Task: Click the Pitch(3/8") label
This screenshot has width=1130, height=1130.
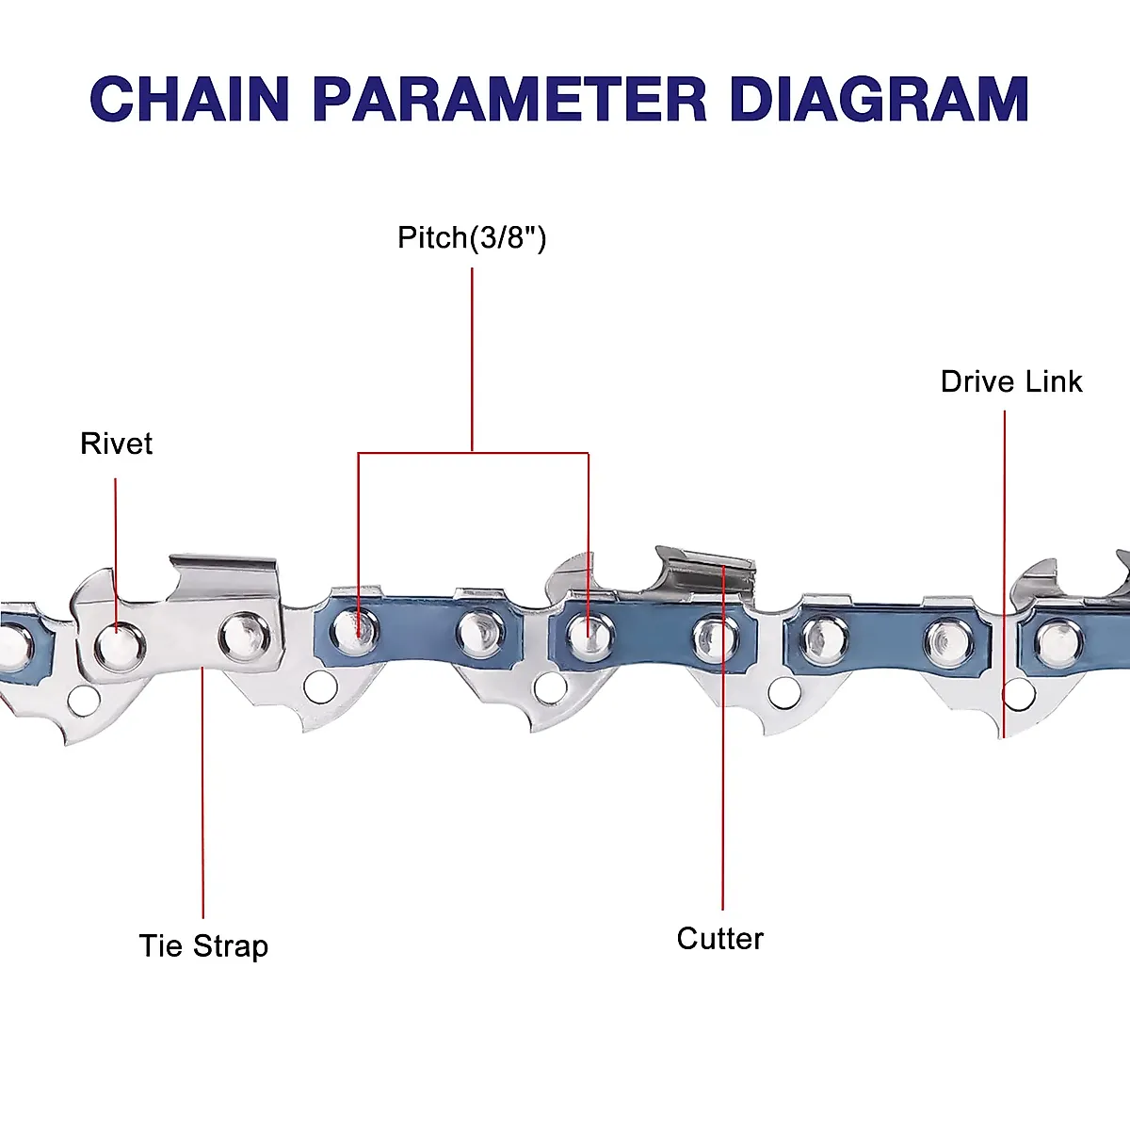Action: pos(472,237)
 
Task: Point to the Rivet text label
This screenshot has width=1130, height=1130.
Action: pos(116,444)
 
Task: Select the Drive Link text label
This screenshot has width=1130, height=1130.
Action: pos(1011,381)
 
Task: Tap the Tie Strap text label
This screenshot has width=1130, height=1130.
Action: pos(203,945)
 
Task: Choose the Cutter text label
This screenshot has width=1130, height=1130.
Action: pos(719,938)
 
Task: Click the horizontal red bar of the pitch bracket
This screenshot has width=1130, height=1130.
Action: pos(473,453)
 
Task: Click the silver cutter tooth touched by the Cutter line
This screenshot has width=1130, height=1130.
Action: pos(706,569)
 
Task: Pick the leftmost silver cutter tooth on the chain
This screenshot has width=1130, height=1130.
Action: pos(224,576)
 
